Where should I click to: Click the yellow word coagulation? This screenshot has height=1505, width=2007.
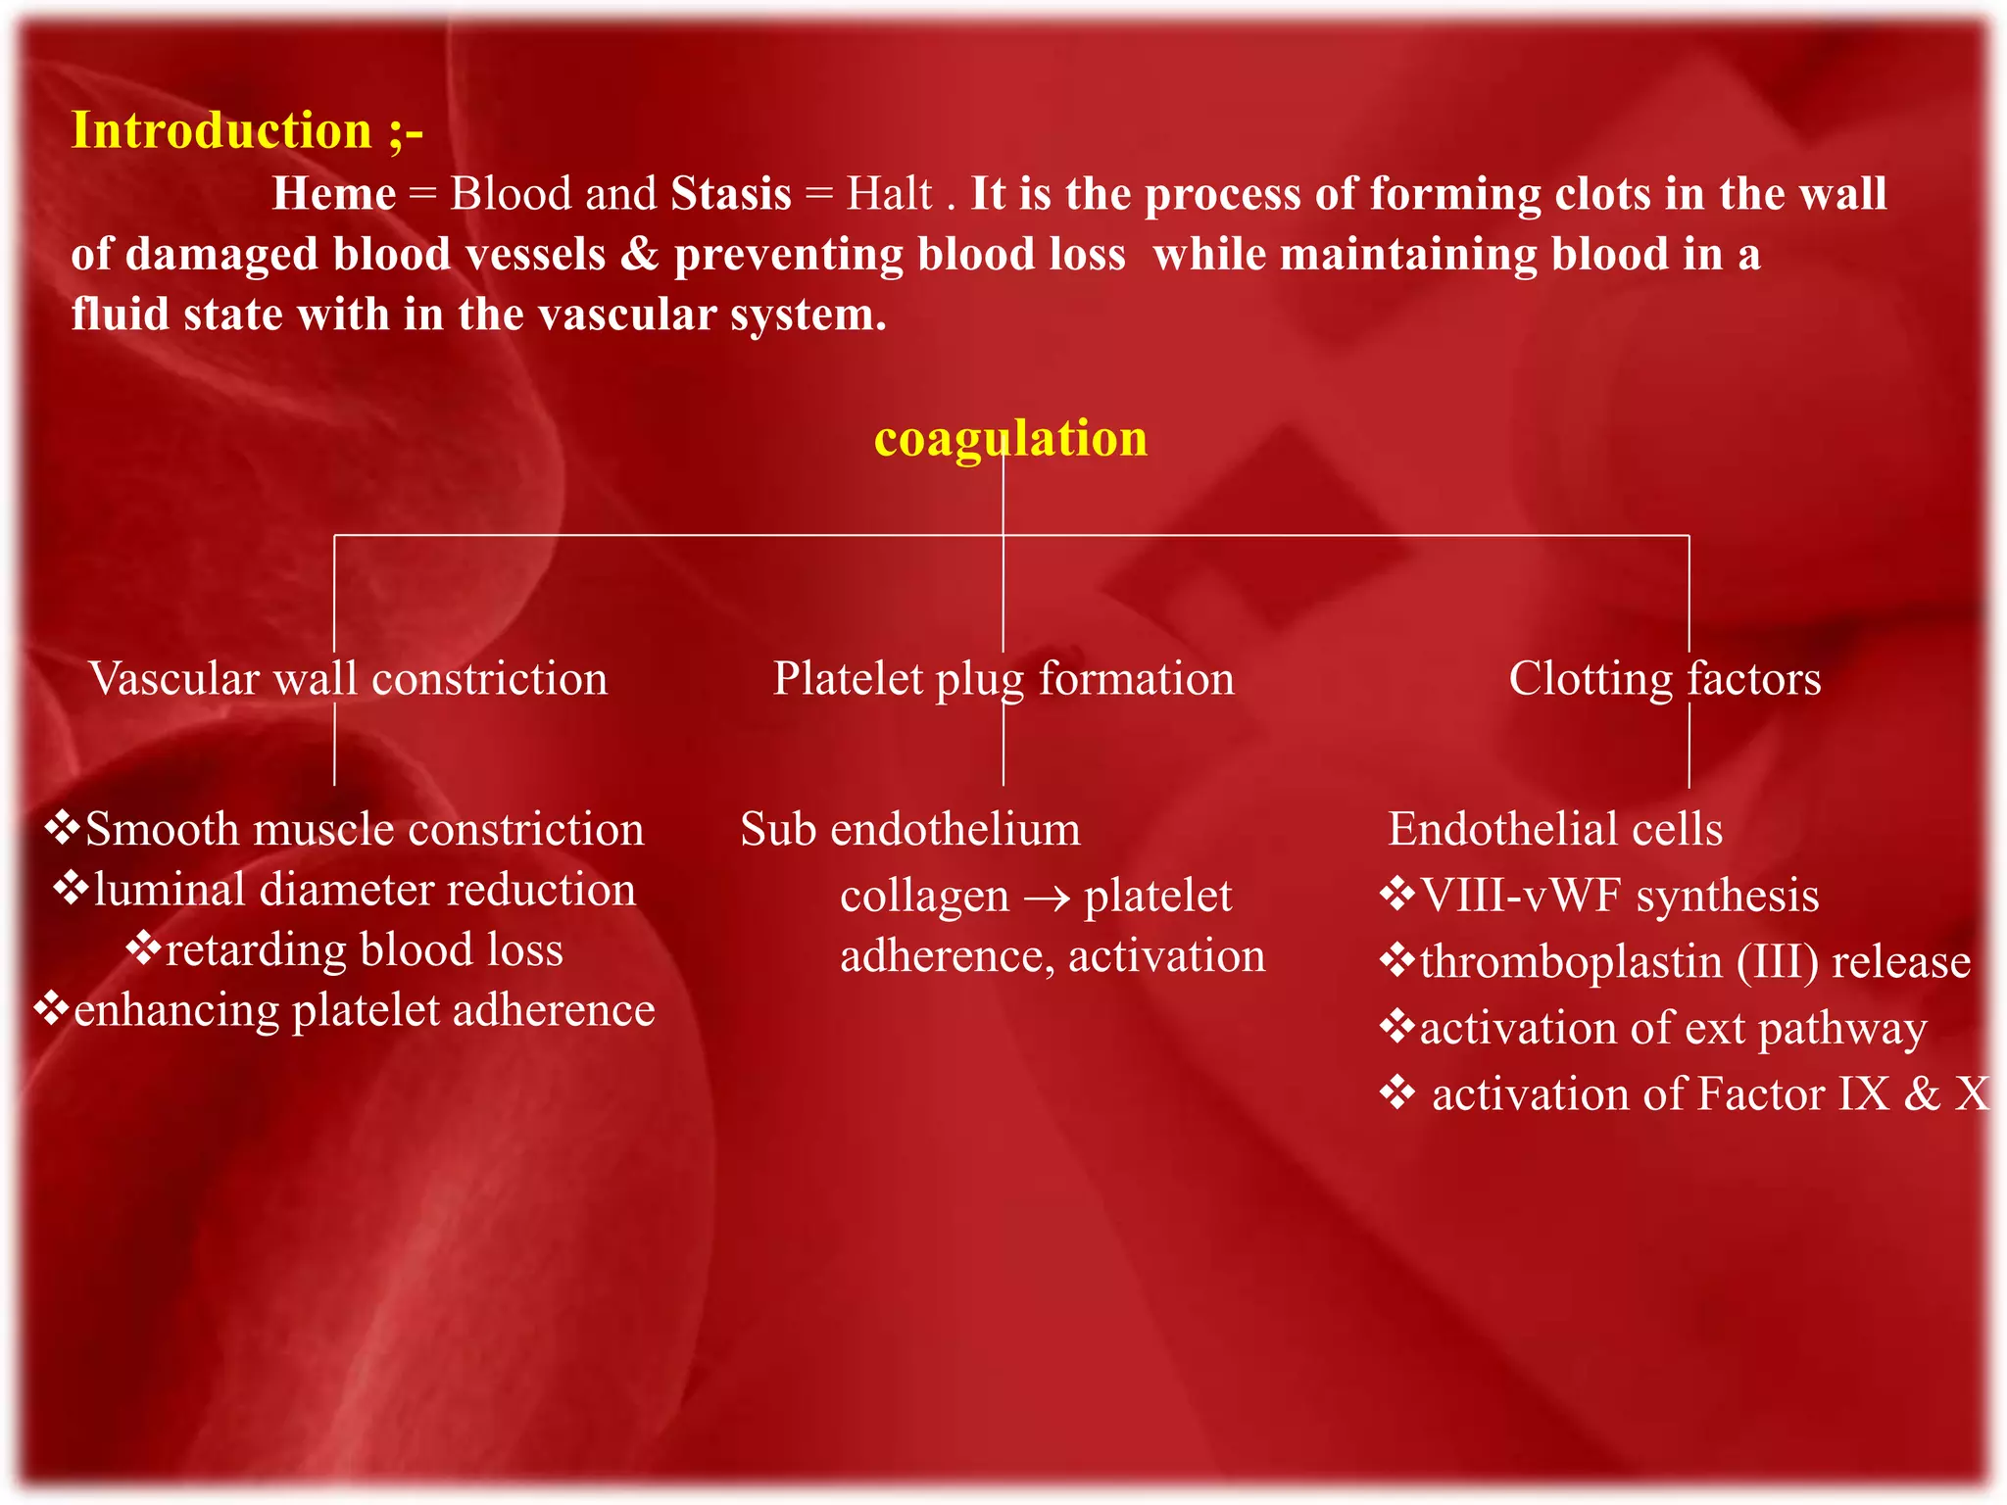click(1010, 438)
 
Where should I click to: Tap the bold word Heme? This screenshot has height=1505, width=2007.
click(334, 193)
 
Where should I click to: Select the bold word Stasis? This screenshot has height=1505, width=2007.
click(731, 193)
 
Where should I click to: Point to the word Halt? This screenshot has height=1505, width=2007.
click(889, 193)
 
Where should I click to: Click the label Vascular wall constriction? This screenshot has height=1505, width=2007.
click(348, 679)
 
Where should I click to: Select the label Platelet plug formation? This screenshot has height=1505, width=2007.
click(1003, 679)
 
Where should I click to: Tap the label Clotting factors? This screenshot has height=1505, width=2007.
click(1664, 679)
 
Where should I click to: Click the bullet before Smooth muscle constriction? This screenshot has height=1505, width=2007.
click(63, 828)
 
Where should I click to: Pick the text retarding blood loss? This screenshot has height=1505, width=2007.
click(364, 950)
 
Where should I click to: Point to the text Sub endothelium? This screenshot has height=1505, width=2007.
click(910, 830)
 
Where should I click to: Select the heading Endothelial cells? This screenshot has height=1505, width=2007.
click(1555, 830)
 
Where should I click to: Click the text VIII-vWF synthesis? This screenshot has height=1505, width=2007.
click(1619, 896)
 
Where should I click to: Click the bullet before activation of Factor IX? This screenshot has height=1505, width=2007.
click(1397, 1092)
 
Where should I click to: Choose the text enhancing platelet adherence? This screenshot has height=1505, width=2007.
click(364, 1010)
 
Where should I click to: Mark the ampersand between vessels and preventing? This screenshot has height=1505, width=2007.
click(639, 254)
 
